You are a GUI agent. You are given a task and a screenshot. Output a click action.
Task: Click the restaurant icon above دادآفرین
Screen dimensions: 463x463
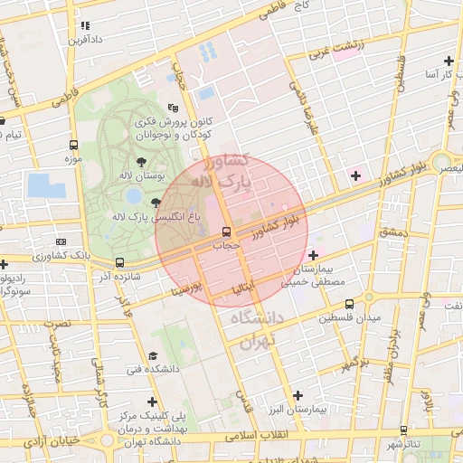[85, 26]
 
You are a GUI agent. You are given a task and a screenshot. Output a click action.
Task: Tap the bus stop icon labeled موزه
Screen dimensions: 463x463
[73, 145]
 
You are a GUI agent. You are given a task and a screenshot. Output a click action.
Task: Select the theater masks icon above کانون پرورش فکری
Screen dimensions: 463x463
[174, 109]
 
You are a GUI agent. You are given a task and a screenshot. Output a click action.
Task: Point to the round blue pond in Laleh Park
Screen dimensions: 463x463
[134, 194]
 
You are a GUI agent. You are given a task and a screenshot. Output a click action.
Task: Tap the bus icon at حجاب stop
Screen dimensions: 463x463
[227, 232]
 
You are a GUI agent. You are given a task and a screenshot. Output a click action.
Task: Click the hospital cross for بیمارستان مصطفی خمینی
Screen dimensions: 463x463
[313, 255]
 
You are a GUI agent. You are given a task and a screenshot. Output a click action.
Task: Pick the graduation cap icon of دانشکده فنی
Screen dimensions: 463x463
[153, 355]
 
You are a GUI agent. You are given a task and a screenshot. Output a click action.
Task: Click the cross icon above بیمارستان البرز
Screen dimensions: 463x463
[298, 395]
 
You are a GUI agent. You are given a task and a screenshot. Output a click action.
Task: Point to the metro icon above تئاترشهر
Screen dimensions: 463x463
[403, 430]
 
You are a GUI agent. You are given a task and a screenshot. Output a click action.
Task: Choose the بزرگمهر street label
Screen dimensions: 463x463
[354, 363]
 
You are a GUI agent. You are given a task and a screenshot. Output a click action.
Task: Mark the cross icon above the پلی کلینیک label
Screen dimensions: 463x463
[152, 402]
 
